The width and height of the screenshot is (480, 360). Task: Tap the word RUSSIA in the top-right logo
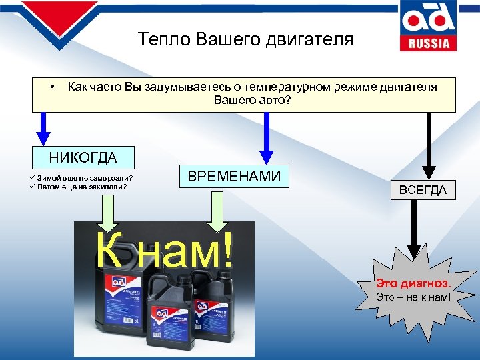click(x=429, y=44)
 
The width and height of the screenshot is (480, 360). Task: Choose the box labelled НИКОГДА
click(x=83, y=158)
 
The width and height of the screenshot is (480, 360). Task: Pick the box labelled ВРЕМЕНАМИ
click(x=234, y=177)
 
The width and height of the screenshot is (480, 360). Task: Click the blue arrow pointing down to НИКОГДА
click(x=43, y=128)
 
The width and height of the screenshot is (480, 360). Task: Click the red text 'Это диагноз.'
click(x=413, y=283)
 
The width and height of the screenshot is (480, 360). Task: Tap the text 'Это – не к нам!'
click(x=413, y=296)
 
